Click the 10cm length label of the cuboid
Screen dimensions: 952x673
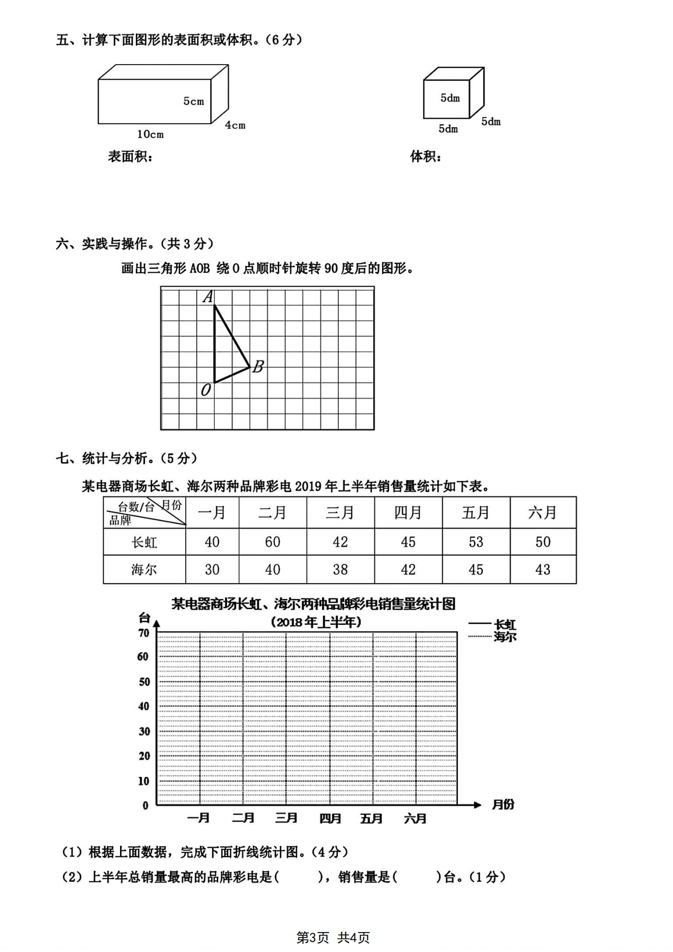coord(150,134)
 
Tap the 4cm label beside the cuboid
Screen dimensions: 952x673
coord(235,125)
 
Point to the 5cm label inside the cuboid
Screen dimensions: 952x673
coord(193,101)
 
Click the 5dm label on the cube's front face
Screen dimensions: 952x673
coord(450,98)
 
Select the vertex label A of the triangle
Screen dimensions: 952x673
coord(208,297)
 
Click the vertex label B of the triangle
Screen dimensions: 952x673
coord(258,366)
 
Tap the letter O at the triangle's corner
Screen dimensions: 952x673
coord(206,390)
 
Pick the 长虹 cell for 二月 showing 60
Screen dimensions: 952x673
coord(272,542)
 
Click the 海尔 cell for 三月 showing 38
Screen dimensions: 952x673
coord(340,569)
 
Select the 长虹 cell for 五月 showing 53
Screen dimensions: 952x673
coord(476,542)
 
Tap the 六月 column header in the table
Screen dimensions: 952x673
coord(542,512)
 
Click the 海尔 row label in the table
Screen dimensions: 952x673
coord(144,569)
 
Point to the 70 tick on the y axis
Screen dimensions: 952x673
coord(144,633)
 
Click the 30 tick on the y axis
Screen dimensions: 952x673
coord(144,731)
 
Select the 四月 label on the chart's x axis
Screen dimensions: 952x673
coord(330,818)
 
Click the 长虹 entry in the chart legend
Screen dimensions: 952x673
coord(505,624)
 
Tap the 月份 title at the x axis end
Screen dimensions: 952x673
coord(503,804)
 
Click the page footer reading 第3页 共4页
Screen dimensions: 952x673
coord(333,937)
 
